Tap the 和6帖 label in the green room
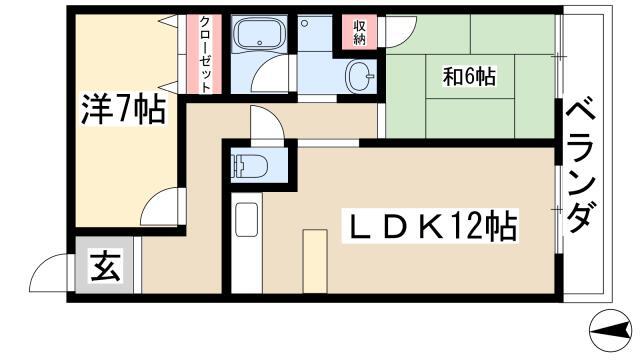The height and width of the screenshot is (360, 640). (x=469, y=75)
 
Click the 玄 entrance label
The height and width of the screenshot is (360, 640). (x=103, y=269)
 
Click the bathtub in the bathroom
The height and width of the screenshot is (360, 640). (x=259, y=37)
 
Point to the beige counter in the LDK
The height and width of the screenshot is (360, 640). (x=315, y=259)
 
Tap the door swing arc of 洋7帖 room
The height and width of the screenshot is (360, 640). (x=158, y=209)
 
